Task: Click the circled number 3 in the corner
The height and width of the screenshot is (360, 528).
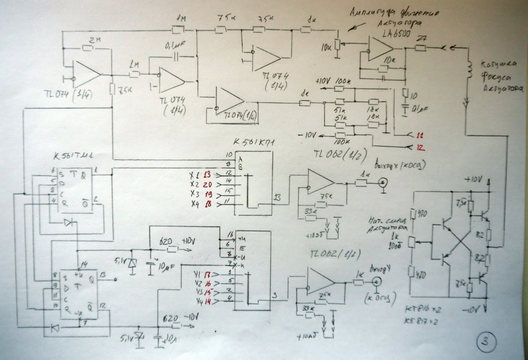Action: point(485,342)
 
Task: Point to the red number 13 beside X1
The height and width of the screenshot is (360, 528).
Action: point(207,174)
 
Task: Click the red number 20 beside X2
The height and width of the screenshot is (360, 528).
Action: point(207,183)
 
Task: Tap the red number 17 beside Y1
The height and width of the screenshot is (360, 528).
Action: point(206,273)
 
